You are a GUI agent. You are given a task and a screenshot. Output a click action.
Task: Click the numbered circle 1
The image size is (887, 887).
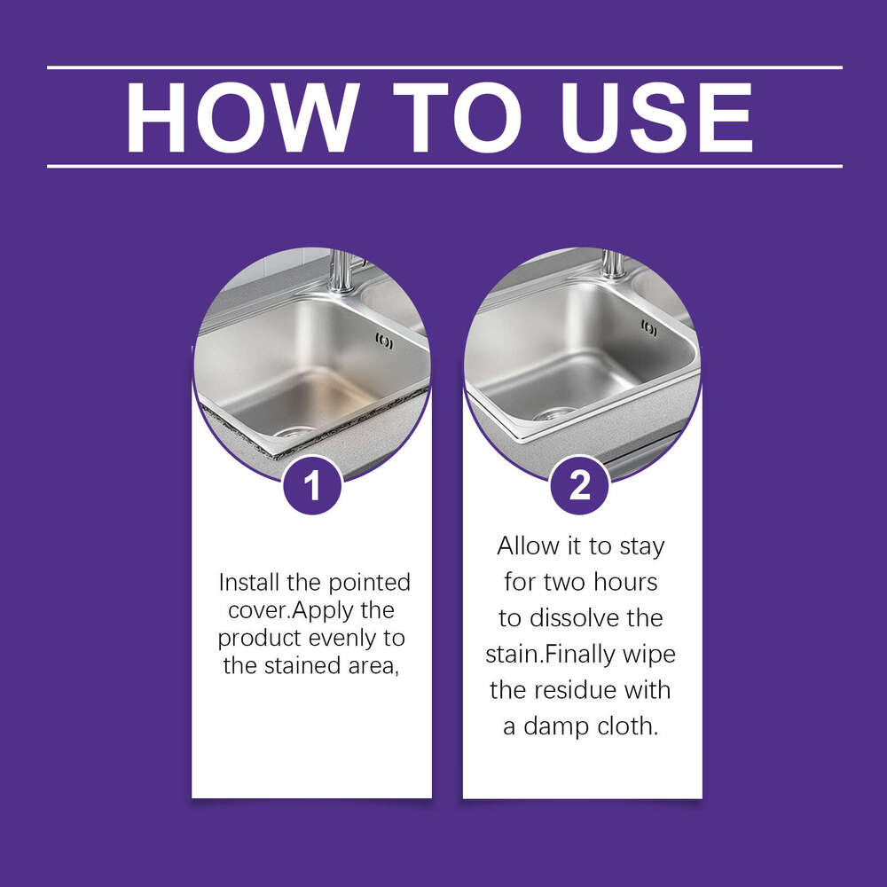tap(311, 484)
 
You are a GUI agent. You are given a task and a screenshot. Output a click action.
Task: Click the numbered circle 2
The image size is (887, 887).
tap(579, 484)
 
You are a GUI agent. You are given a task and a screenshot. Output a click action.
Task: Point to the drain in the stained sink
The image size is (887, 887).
tap(292, 433)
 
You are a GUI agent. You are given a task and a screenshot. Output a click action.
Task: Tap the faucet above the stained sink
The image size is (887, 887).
tap(341, 271)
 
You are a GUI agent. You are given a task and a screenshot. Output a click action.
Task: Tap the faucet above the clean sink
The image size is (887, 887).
tap(612, 263)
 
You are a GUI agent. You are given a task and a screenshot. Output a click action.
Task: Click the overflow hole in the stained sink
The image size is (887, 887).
tap(384, 341)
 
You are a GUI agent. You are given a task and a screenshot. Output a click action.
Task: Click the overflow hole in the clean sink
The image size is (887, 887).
tap(649, 329)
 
